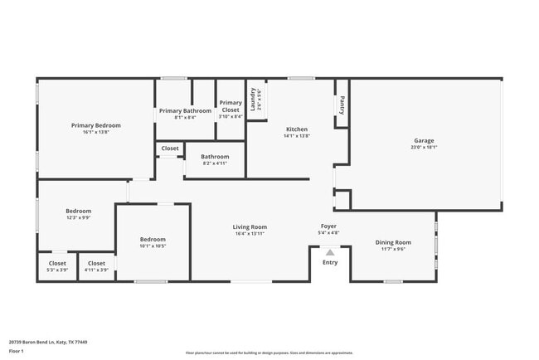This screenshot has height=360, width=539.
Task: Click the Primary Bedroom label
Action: [95, 125]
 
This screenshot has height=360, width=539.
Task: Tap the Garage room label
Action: [424, 140]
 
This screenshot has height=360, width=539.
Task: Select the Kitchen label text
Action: [297, 129]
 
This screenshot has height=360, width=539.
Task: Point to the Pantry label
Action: [342, 105]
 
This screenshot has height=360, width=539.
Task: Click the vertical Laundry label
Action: [252, 100]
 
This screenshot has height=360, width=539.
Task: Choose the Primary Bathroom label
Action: [185, 110]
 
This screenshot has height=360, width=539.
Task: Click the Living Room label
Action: [249, 226]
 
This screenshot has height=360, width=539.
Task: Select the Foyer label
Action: [329, 226]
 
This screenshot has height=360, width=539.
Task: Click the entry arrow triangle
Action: [330, 252]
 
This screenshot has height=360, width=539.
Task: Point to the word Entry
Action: [330, 262]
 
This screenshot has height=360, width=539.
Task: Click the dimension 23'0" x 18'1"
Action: [424, 148]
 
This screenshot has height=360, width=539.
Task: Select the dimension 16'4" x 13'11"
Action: [249, 234]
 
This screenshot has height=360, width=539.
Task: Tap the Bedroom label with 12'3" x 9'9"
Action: [79, 211]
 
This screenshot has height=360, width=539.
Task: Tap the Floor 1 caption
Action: [17, 351]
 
